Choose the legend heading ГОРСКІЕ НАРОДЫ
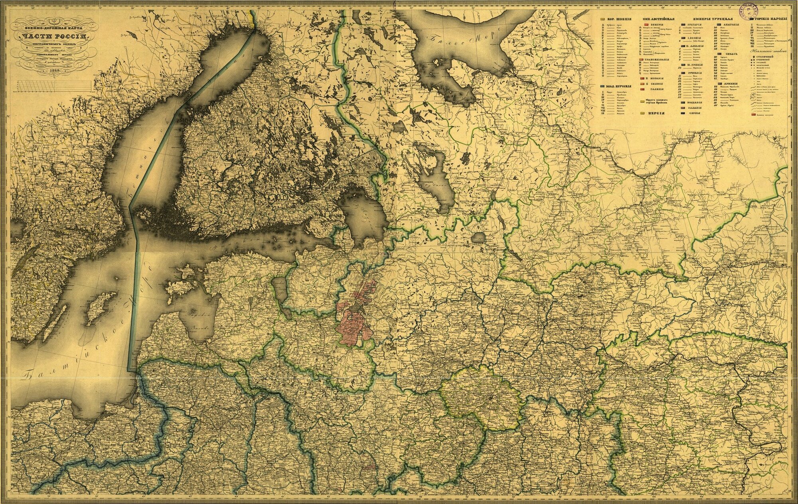(772, 19)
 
